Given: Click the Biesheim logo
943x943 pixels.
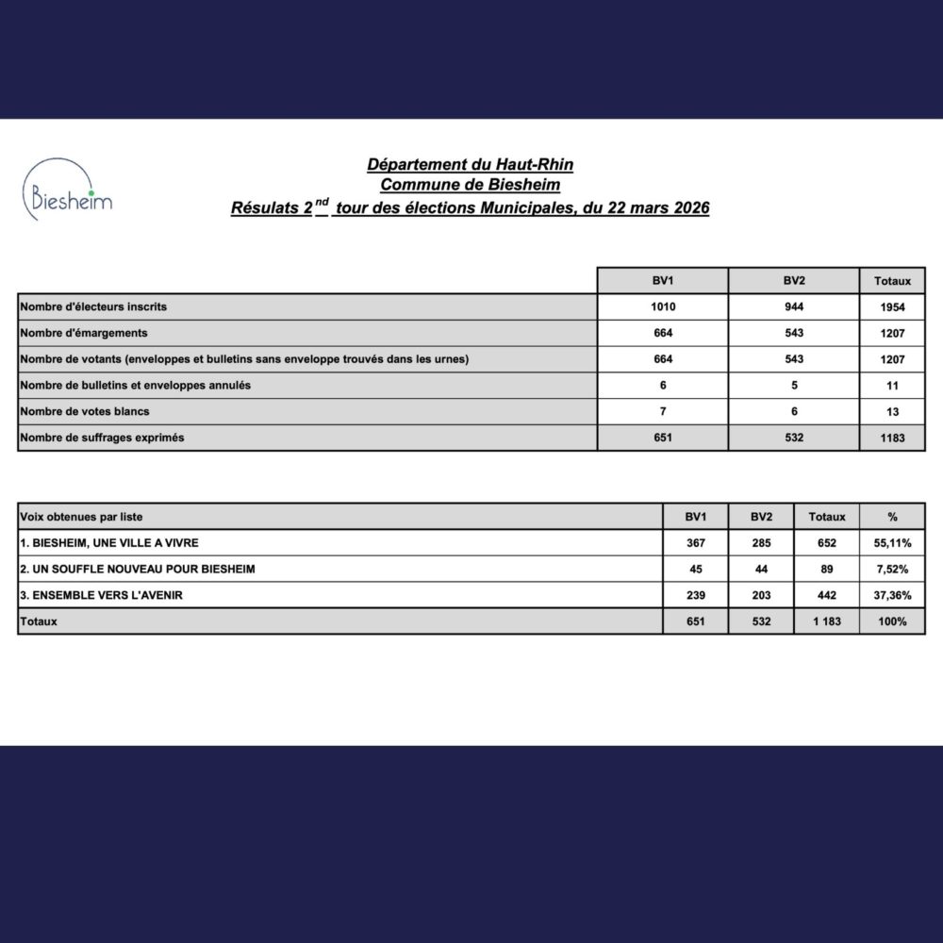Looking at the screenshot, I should coord(66,190).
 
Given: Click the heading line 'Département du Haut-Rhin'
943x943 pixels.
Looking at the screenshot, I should coord(470,165).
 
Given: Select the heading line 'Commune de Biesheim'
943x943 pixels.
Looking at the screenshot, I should coord(470,186).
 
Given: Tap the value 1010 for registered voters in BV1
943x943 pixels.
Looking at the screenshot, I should coord(663,307).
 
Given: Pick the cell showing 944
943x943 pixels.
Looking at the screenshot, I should coord(794,307).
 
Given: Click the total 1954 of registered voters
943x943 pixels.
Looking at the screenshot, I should coord(892,307).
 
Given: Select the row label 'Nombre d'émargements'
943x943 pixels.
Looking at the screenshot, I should coord(84,333).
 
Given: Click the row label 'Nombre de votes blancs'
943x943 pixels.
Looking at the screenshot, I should coord(85,411).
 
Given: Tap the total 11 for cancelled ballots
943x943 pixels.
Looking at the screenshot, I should coord(892,386).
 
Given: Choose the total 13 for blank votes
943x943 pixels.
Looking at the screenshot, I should coord(892,412).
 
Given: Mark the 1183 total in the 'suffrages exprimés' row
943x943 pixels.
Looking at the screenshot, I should coord(892,438).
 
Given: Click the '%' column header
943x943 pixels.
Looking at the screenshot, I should coord(892,517).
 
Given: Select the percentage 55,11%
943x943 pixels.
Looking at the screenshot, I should coord(892,543).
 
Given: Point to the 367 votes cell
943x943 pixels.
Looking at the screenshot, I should coord(695,543).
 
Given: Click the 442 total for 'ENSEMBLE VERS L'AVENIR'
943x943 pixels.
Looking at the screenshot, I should coord(827,595).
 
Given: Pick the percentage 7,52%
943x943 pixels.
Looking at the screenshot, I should coord(892,570).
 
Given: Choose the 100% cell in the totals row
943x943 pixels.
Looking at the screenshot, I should coord(892,621).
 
